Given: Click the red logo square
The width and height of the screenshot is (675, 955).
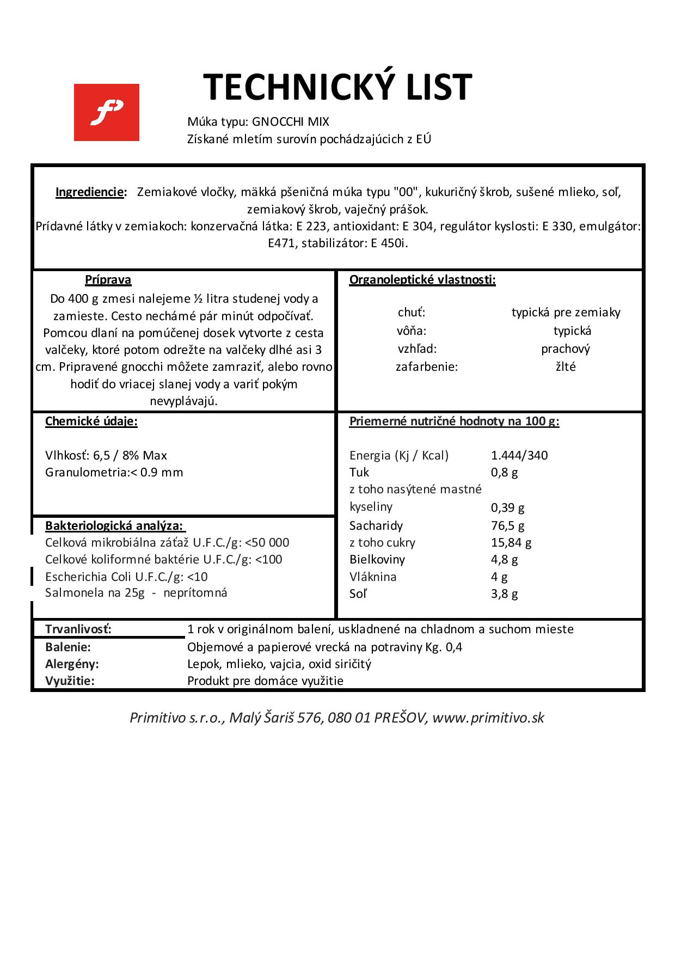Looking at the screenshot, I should [106, 112].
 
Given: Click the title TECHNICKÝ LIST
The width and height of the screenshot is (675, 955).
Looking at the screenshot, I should [337, 87].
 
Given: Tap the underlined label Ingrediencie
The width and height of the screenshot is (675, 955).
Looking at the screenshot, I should [90, 192].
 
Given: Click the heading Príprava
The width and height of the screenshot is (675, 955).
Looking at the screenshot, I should [108, 280].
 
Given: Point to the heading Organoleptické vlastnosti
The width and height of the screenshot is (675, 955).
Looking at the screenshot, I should [422, 280].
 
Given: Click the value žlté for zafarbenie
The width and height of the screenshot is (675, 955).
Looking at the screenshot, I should [566, 366].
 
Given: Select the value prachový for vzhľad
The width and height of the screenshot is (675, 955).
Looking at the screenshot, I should [566, 348].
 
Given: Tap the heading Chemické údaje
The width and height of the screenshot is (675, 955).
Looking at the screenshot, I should [91, 421].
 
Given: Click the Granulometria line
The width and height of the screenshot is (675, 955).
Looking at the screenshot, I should [114, 472].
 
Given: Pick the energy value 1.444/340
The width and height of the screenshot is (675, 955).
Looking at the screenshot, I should [519, 455].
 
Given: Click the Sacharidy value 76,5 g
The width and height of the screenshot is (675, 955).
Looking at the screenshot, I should [507, 525].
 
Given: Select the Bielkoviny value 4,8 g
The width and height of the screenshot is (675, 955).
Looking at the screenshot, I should [504, 559].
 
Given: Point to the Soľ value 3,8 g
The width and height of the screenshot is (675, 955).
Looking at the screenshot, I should [504, 593].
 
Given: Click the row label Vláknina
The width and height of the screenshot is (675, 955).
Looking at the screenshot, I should [373, 577].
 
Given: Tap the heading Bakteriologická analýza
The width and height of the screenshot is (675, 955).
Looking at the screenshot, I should [115, 525].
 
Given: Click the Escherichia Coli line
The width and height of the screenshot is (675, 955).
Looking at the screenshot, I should [126, 577].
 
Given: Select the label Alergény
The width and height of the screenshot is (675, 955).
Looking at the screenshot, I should [72, 664].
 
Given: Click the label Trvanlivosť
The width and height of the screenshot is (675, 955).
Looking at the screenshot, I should [78, 629].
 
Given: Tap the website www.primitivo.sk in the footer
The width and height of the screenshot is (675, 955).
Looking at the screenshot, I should [488, 717].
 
